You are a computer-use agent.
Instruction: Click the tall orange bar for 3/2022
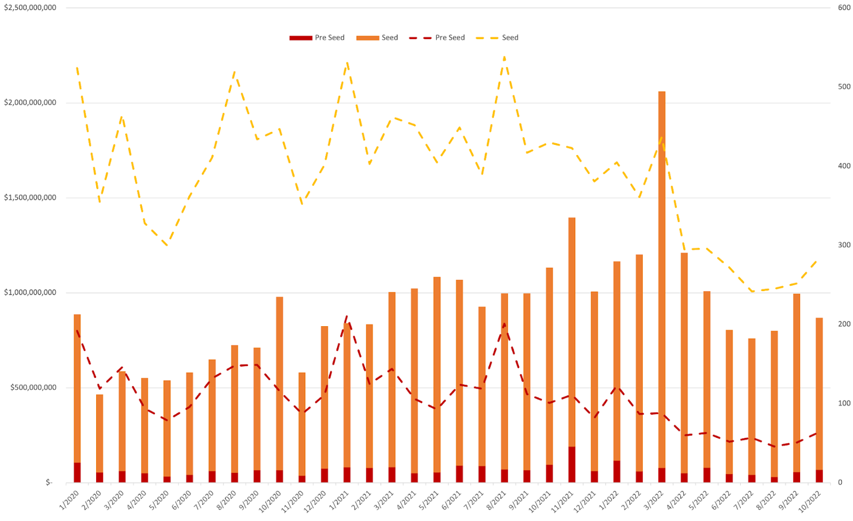pyautogui.click(x=661, y=279)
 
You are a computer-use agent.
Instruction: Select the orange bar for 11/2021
pyautogui.click(x=572, y=333)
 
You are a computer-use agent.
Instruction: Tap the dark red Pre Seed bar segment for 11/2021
pyautogui.click(x=572, y=465)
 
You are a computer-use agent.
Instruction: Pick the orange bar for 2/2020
pyautogui.click(x=100, y=434)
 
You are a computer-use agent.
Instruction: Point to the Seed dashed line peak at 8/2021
pyautogui.click(x=504, y=58)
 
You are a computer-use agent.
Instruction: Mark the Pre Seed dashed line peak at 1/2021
pyautogui.click(x=347, y=317)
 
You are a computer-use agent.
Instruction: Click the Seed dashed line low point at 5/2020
pyautogui.click(x=167, y=245)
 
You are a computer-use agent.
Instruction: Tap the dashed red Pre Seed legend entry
pyautogui.click(x=437, y=37)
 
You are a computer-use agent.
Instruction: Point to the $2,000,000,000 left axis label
pyautogui.click(x=30, y=102)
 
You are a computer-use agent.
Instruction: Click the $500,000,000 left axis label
pyautogui.click(x=34, y=387)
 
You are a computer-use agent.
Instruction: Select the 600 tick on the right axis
pyautogui.click(x=844, y=8)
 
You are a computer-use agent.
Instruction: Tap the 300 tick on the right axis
pyautogui.click(x=844, y=245)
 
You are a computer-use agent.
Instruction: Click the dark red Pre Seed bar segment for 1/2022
pyautogui.click(x=617, y=471)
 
